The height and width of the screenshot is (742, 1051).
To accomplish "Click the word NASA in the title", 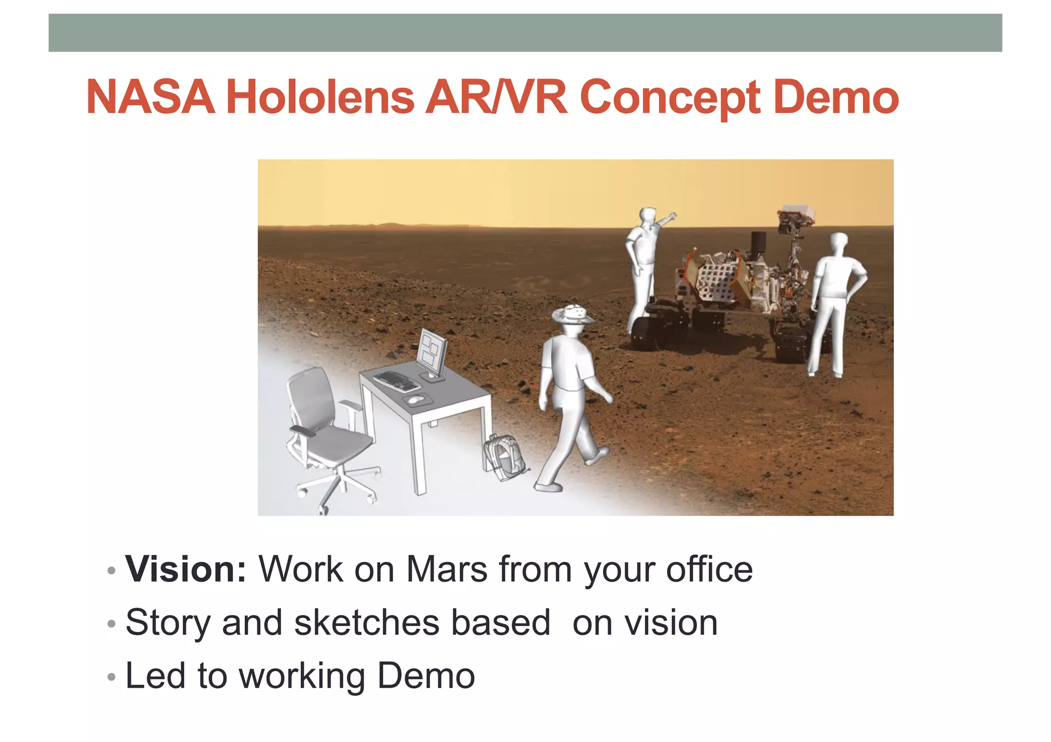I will (x=150, y=97).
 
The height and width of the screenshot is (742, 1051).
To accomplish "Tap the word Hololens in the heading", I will (x=320, y=97).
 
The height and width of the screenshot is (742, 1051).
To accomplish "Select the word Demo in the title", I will (x=835, y=97).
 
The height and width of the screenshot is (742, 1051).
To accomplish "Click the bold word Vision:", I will (x=186, y=569).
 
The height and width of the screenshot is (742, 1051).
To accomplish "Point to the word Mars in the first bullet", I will (x=446, y=569).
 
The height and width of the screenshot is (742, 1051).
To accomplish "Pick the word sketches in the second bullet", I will (x=366, y=623).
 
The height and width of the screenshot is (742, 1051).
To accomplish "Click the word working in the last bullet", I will (x=303, y=676).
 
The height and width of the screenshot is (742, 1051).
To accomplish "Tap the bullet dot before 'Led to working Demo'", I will (x=111, y=677).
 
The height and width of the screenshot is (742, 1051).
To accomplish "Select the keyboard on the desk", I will (x=396, y=381).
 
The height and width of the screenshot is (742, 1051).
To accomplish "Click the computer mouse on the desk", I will (x=416, y=398).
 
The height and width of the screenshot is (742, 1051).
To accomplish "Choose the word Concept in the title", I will (x=670, y=97).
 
